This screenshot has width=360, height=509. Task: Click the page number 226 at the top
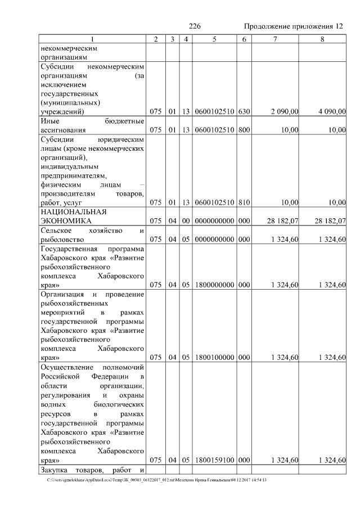tap(195, 27)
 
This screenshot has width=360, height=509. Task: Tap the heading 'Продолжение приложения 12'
tap(292, 27)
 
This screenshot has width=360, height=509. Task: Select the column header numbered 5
tap(214, 39)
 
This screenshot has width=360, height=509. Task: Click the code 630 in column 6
tap(244, 112)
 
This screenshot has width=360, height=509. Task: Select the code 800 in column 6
tap(244, 130)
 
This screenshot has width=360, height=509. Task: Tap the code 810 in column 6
tap(244, 203)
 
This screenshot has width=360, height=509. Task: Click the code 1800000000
tap(214, 285)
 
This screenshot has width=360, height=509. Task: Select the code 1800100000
tap(214, 358)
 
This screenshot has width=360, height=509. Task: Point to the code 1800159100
tap(214, 460)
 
